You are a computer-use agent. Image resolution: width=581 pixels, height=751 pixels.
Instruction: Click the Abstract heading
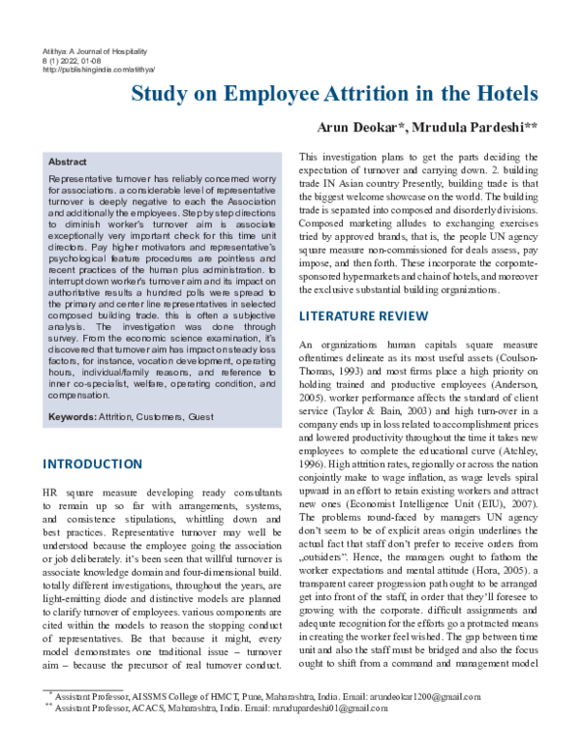tap(68, 163)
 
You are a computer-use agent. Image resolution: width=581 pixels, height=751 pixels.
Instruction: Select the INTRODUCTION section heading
tap(92, 465)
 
